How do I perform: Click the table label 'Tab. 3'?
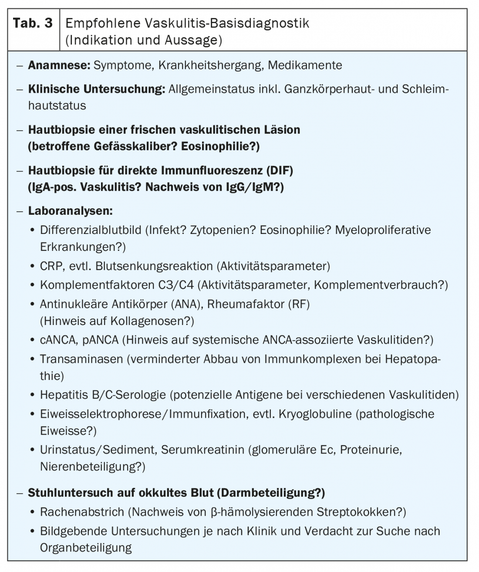(x=33, y=24)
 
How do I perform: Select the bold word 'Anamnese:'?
(x=59, y=65)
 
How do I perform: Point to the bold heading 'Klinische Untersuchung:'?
(x=96, y=89)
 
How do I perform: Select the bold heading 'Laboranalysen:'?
(x=70, y=211)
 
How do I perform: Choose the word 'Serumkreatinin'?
(x=202, y=450)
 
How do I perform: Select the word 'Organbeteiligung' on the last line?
(x=86, y=548)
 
